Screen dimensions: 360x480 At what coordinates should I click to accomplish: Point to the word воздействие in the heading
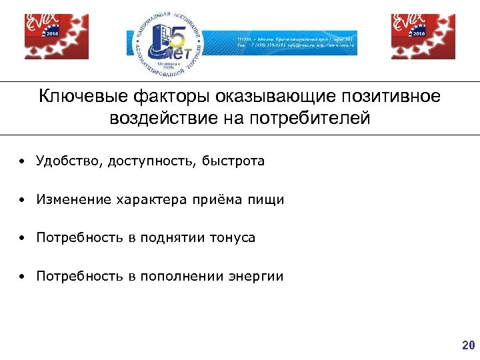(x=157, y=119)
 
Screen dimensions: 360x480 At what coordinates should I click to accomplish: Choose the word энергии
(x=256, y=276)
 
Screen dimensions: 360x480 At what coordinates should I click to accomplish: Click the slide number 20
(x=467, y=345)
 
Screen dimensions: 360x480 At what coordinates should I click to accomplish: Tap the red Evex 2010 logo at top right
(x=423, y=37)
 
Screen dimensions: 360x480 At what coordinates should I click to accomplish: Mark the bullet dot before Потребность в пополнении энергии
(x=22, y=277)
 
